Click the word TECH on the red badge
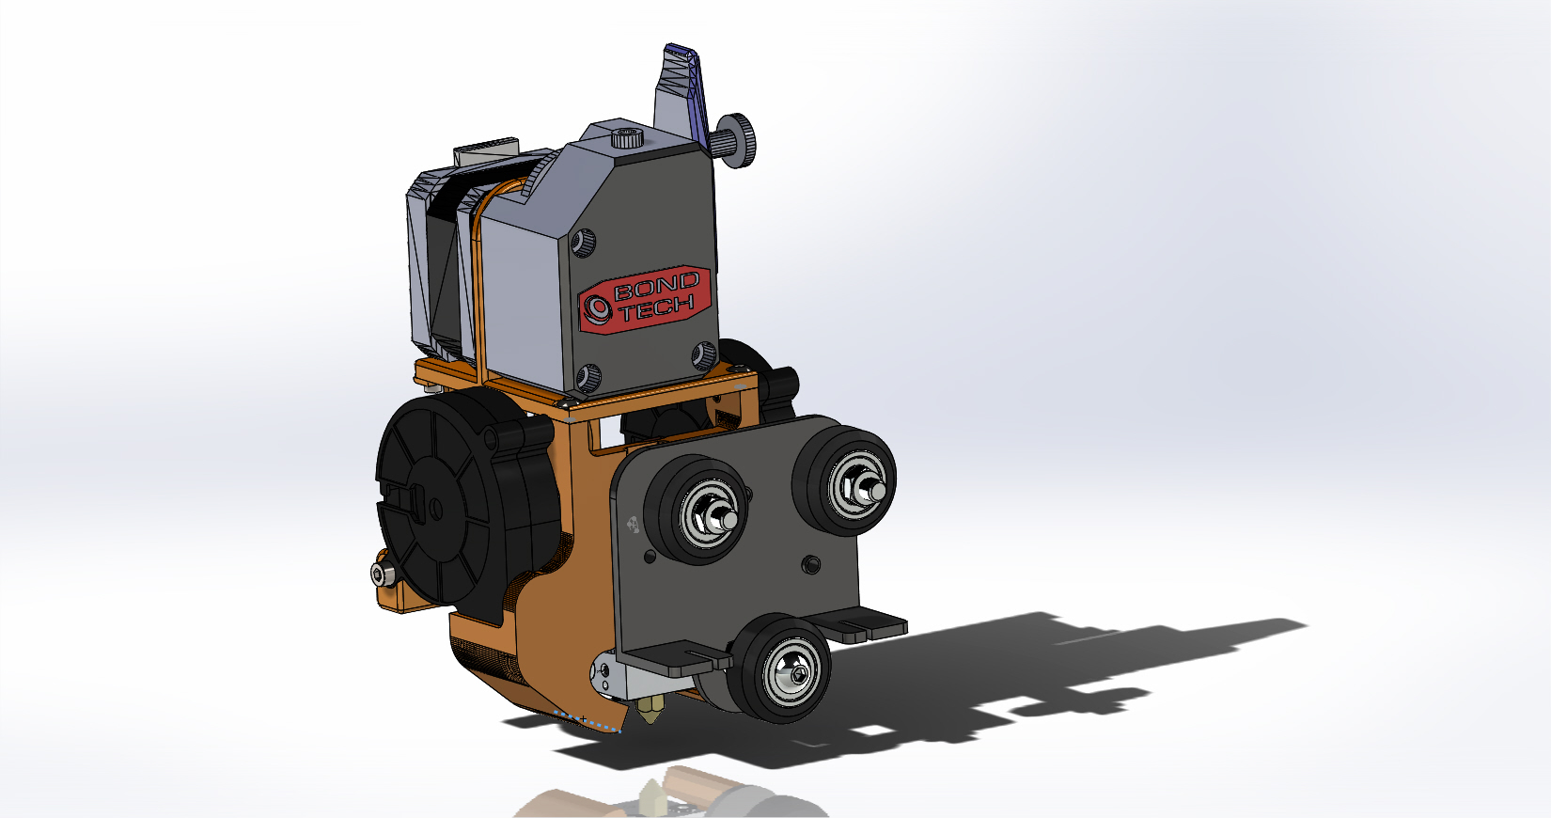point(657,307)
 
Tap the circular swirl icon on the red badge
point(596,308)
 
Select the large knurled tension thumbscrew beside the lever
point(735,141)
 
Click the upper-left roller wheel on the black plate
point(697,510)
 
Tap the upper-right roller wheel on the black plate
point(845,480)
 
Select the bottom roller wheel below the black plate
point(778,668)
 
